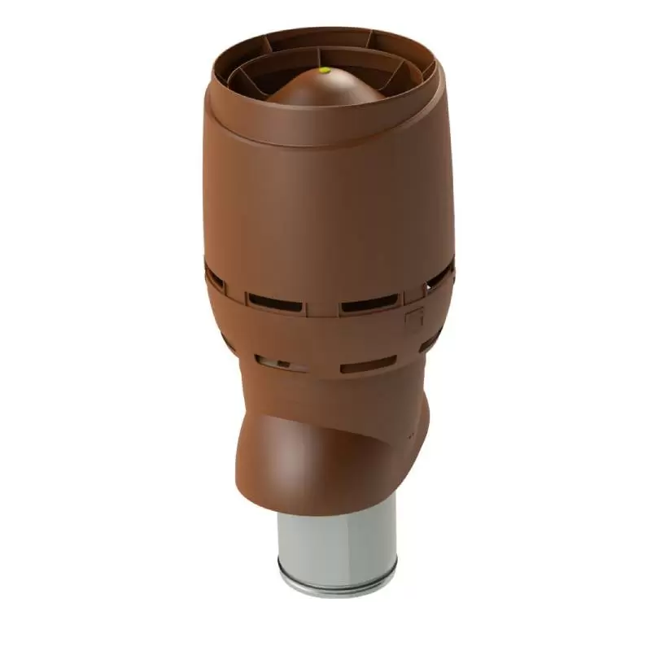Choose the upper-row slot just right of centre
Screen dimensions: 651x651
coord(370,305)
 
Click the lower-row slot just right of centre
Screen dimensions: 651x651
coord(368,365)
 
